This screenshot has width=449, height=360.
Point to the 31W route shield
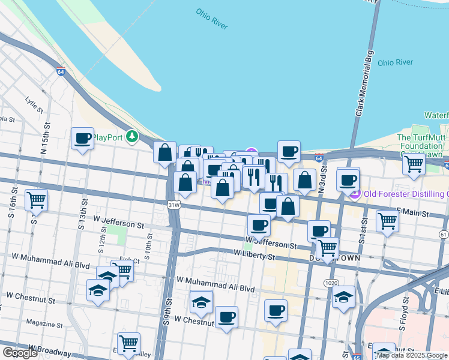pos(174,205)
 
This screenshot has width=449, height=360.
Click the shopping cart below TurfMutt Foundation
pos(414,163)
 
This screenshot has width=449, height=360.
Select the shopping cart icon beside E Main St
pos(387,221)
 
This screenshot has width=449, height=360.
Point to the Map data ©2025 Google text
pos(412,355)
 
